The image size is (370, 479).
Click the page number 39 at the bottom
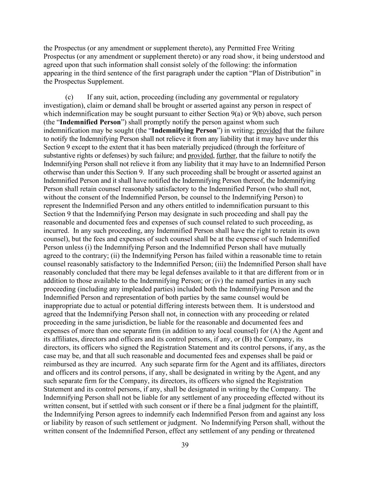185,445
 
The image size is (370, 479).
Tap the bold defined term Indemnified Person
90,122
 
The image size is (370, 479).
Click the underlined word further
226,155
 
